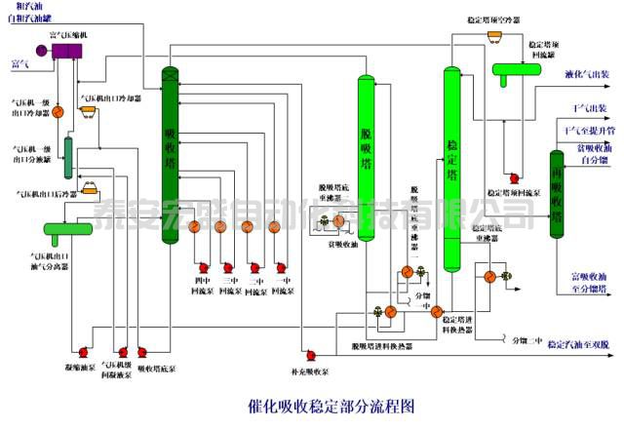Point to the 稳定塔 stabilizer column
(x=450, y=166)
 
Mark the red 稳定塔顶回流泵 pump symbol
(x=509, y=152)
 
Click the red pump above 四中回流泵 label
(x=203, y=267)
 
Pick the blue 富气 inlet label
(x=19, y=64)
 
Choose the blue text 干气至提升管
(x=589, y=130)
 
